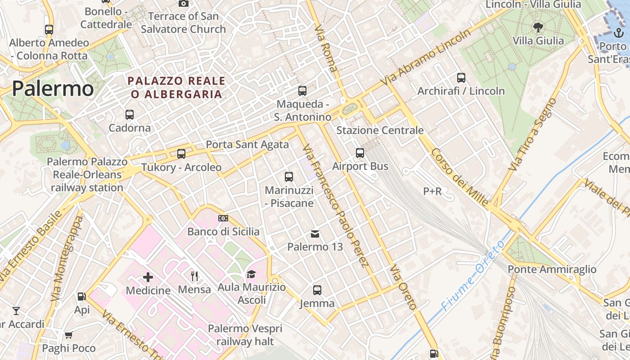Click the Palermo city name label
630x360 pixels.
point(53,89)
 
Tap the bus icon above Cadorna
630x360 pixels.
point(130,114)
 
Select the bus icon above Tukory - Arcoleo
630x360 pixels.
point(181,154)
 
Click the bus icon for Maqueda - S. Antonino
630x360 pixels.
point(302,91)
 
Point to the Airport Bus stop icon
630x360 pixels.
point(360,153)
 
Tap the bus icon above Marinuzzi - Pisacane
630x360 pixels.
point(289,176)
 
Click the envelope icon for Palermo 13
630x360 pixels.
point(315,234)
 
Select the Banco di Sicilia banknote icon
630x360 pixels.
point(223,218)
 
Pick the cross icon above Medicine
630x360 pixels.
point(148,277)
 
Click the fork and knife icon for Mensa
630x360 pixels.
point(194,276)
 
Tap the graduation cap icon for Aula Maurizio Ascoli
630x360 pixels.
point(251,274)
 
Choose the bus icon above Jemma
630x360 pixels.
point(317,290)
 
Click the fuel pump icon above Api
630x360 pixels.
point(82,297)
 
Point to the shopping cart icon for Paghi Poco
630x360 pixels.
point(69,335)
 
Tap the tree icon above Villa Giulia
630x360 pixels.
point(538,27)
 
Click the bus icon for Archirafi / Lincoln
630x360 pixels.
point(461,78)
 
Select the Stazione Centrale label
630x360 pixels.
point(380,130)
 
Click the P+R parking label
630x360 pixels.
point(432,191)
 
